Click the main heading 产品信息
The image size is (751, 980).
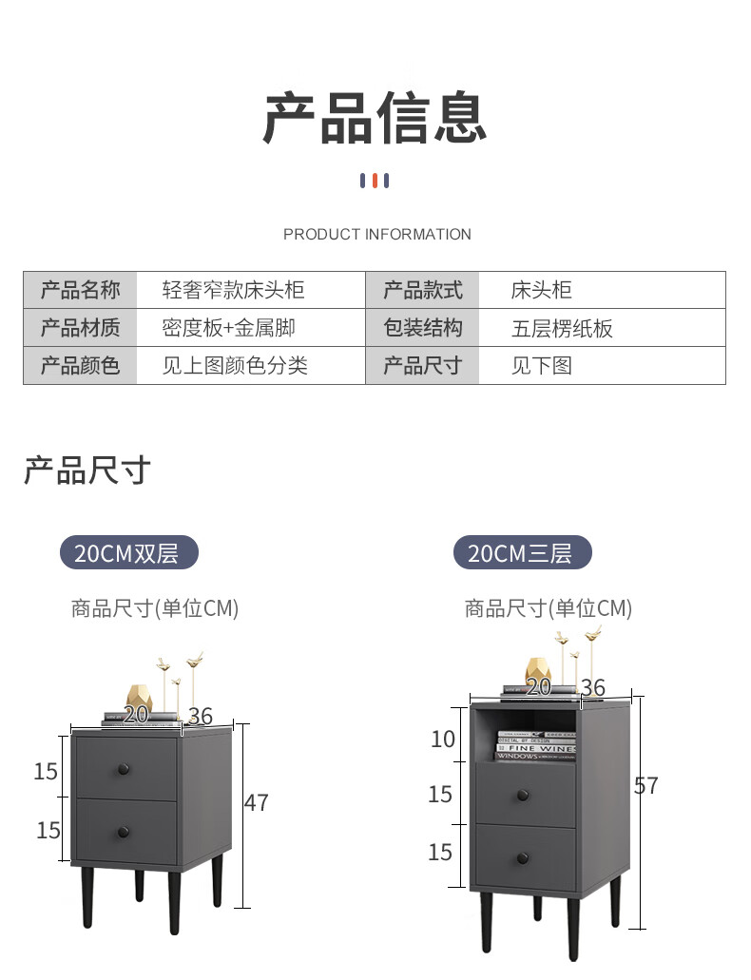coord(375,118)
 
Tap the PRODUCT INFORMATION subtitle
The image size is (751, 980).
coord(376,234)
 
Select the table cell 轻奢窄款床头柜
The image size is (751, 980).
coord(233,290)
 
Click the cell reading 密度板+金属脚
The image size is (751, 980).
coord(228,328)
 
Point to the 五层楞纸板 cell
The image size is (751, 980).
coord(562,329)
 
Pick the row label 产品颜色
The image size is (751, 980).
coord(80,366)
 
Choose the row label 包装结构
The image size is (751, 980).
coord(422,328)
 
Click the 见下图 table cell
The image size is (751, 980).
coord(541,366)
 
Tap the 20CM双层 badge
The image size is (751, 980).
coord(129,553)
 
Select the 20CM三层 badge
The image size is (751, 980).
coord(522,553)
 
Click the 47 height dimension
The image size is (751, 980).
coord(257,803)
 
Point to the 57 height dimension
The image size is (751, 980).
coord(646,786)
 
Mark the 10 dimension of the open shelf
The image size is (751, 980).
coord(443,739)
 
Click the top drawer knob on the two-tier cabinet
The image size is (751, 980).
coord(124,768)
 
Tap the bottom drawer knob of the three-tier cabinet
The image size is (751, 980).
coord(523,858)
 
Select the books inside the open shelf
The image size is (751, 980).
coord(536,745)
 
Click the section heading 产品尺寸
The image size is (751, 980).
coord(87,471)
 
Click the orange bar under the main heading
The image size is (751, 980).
coord(375,181)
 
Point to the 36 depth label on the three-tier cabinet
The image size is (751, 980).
coord(592,687)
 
